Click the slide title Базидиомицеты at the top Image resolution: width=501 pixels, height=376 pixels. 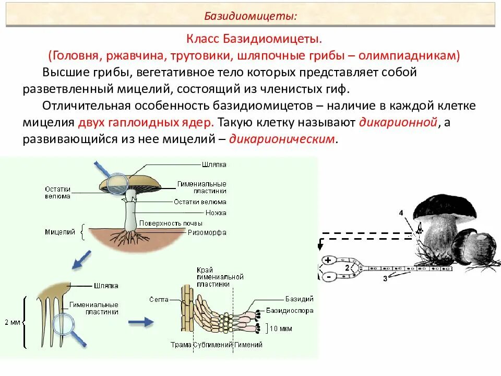250,16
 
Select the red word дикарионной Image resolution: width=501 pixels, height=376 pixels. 397,123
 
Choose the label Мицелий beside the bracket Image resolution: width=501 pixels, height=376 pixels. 60,232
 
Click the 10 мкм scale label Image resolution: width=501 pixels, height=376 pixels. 281,329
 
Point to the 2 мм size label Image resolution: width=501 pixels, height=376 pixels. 11,323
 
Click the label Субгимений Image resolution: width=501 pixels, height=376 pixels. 212,345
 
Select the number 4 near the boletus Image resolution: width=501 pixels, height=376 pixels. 401,213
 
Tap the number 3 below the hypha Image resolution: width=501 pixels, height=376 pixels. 385,278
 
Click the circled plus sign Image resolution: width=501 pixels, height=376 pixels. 328,260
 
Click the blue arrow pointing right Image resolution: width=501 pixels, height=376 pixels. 141,322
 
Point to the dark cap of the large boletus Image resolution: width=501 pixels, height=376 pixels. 445,206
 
